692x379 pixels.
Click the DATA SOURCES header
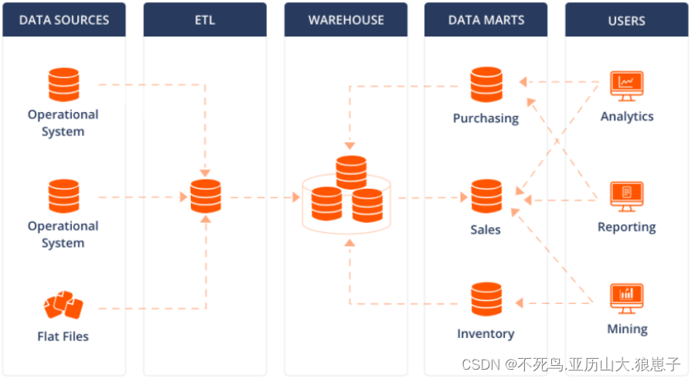pyautogui.click(x=63, y=20)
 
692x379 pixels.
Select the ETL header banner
pyautogui.click(x=205, y=20)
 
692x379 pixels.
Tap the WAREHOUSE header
pyautogui.click(x=346, y=20)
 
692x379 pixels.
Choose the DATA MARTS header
pyautogui.click(x=486, y=20)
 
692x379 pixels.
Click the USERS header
pyautogui.click(x=626, y=20)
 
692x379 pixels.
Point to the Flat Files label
pyautogui.click(x=63, y=336)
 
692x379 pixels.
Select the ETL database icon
pyautogui.click(x=205, y=196)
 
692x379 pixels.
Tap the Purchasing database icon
pyautogui.click(x=486, y=84)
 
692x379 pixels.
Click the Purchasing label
pyautogui.click(x=486, y=118)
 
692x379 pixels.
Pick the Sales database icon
pyautogui.click(x=486, y=196)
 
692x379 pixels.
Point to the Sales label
pyautogui.click(x=486, y=230)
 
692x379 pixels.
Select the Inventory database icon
pyautogui.click(x=486, y=300)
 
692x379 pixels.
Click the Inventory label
pyautogui.click(x=486, y=333)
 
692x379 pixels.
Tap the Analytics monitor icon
pyautogui.click(x=626, y=85)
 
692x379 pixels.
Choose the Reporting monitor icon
pyautogui.click(x=626, y=196)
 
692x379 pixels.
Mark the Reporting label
pyautogui.click(x=626, y=227)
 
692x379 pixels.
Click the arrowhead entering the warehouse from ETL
pyautogui.click(x=295, y=197)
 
